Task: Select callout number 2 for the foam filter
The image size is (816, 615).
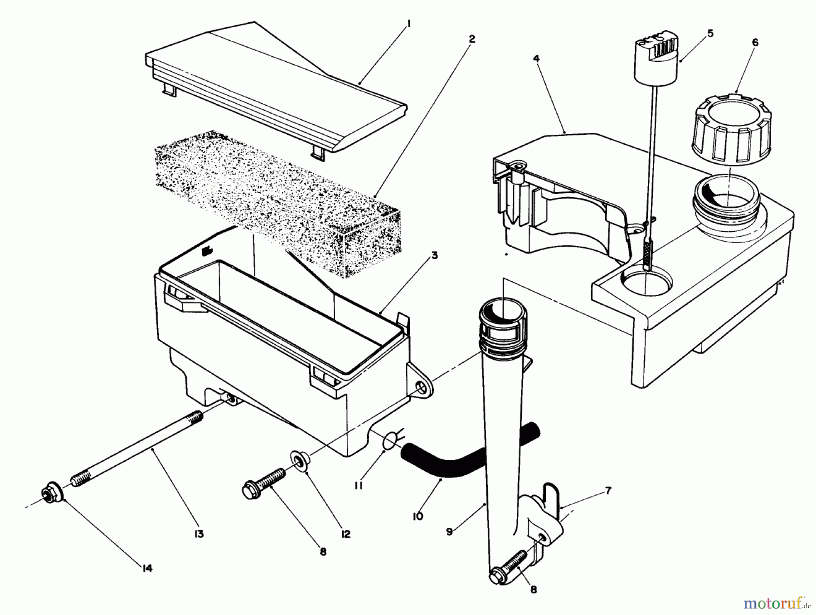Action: click(471, 39)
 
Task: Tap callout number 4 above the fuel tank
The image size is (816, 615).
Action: click(536, 58)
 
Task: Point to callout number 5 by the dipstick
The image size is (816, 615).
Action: click(710, 33)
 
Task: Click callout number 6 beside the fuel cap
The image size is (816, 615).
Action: click(755, 42)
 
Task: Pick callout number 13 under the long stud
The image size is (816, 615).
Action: click(199, 534)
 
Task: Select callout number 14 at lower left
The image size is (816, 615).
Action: click(147, 568)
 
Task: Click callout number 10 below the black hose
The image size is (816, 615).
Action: click(418, 516)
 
